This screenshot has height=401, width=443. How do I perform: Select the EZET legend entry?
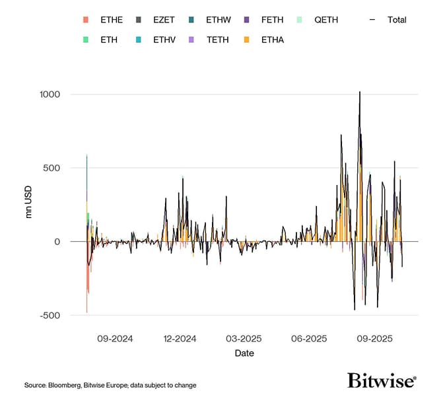[x=164, y=20]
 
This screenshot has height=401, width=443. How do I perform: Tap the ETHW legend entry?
[x=219, y=20]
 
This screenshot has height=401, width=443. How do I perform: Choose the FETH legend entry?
[x=272, y=20]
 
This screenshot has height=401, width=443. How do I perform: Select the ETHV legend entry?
[x=164, y=40]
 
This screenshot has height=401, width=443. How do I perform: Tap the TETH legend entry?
[x=217, y=40]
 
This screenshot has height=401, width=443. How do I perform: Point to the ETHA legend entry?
[x=272, y=40]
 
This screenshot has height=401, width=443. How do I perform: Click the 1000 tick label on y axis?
[x=50, y=94]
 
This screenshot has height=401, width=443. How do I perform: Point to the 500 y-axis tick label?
[x=52, y=168]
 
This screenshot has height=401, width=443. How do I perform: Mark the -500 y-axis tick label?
[x=51, y=315]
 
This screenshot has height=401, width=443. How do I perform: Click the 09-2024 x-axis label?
[x=115, y=339]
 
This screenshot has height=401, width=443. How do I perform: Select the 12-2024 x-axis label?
[x=180, y=339]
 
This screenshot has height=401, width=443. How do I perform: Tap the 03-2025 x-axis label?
[x=244, y=339]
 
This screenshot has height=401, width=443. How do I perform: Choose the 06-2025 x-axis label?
[x=309, y=339]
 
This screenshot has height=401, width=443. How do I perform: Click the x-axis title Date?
[x=244, y=353]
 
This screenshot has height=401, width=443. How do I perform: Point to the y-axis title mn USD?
[x=29, y=205]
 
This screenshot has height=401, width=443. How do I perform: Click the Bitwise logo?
[x=382, y=381]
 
